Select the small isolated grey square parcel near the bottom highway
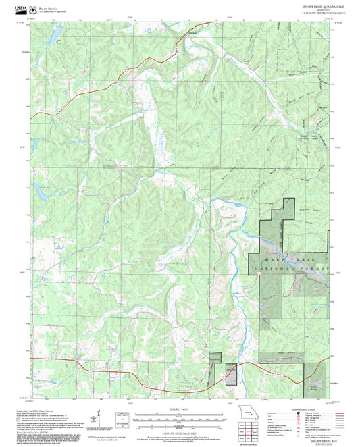tap(231, 375)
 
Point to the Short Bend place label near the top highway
tap(194, 32)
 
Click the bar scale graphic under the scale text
tap(180, 419)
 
